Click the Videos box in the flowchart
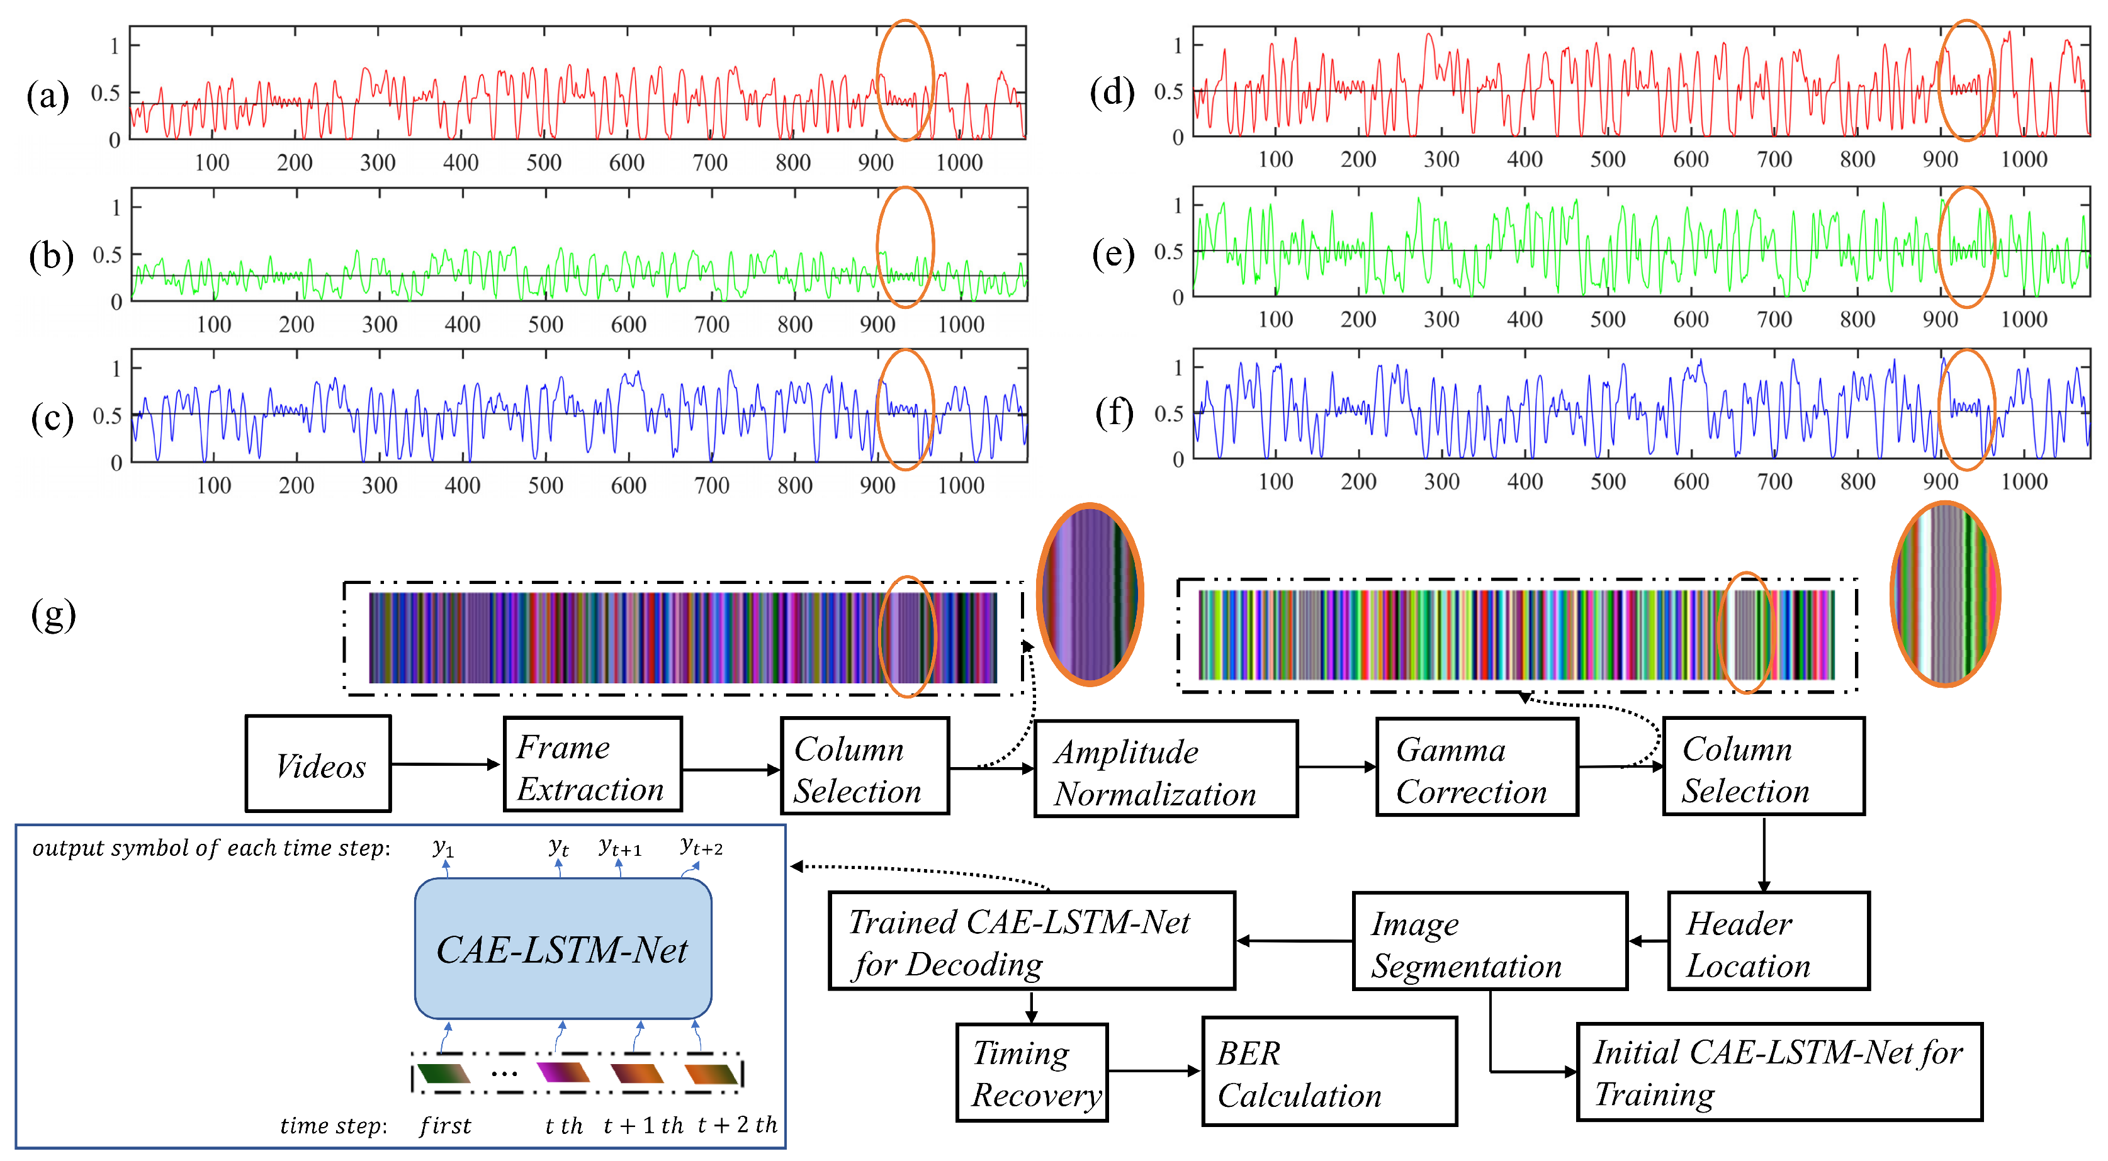tap(318, 764)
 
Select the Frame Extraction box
tap(592, 765)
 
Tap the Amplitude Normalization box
tap(1165, 769)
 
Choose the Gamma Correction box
tap(1476, 768)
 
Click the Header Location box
tap(1767, 941)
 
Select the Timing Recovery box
tap(1032, 1073)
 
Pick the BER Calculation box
tap(1329, 1072)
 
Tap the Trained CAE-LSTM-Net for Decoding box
tap(1031, 941)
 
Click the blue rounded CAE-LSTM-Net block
tap(563, 949)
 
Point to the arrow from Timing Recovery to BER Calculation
tap(1154, 1071)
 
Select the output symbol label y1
tap(442, 848)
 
